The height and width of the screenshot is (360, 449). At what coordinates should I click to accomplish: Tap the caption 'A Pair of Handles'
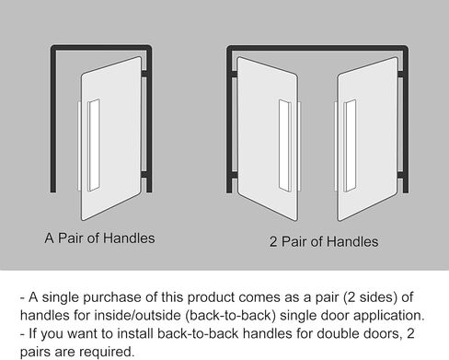tap(99, 238)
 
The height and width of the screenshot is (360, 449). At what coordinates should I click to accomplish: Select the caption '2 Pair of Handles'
tap(324, 242)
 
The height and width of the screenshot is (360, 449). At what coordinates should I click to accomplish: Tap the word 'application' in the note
tap(384, 316)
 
